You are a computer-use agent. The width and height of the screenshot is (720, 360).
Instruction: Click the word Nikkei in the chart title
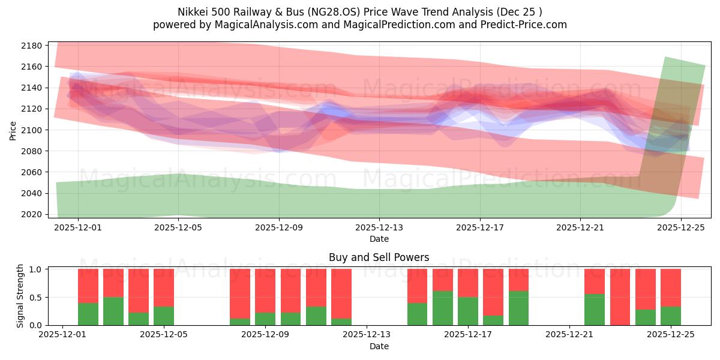(191, 12)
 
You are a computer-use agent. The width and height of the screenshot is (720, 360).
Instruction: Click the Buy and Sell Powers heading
(379, 257)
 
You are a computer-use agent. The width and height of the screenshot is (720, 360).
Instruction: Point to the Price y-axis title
(13, 130)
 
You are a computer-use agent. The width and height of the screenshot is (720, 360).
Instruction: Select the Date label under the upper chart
(379, 239)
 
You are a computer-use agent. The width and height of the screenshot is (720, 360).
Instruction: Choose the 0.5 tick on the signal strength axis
(35, 297)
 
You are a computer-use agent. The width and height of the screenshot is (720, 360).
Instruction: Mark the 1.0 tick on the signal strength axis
(35, 269)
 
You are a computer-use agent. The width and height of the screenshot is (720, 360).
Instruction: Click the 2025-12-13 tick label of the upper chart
(379, 228)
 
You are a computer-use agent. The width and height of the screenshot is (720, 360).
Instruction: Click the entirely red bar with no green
(620, 297)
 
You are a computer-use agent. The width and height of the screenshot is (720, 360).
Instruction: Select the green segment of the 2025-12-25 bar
(670, 316)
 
